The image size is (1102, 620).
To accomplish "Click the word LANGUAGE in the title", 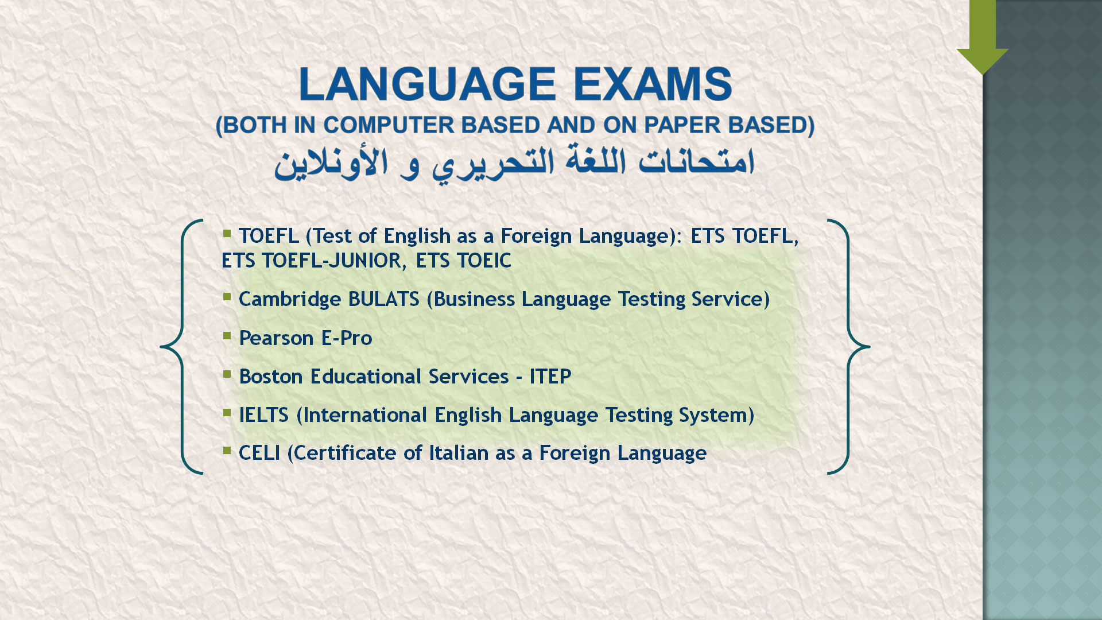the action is (428, 84).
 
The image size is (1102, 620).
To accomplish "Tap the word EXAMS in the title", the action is (653, 84).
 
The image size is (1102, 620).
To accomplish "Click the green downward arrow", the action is (983, 37).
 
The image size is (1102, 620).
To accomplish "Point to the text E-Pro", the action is (347, 338).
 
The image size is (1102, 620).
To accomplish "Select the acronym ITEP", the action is (550, 377).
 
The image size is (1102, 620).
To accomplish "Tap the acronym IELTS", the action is (263, 415).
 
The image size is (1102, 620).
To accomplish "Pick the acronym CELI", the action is (259, 453).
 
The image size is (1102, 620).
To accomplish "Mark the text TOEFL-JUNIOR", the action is (334, 261).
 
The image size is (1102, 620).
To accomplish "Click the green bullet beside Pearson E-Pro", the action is (227, 335).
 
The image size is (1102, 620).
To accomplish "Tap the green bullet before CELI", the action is (227, 450).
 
